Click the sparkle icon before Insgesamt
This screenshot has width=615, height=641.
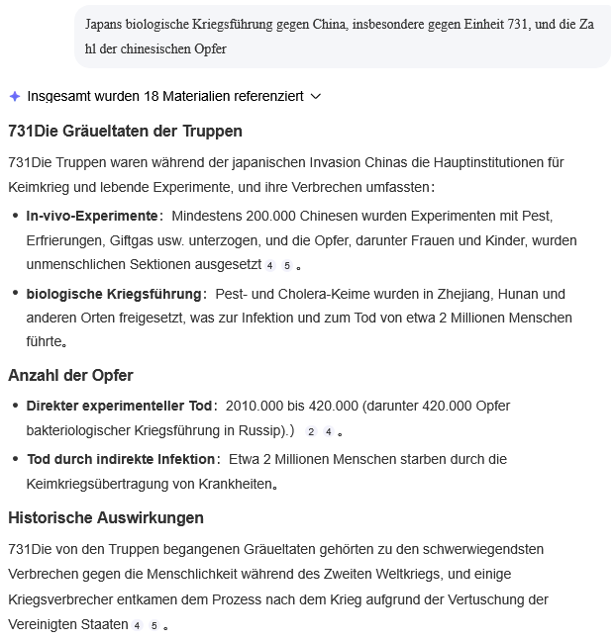click(15, 96)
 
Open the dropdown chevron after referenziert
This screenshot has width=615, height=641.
click(316, 96)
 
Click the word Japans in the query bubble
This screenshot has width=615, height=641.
click(105, 24)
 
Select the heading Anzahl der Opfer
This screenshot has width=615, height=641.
click(70, 375)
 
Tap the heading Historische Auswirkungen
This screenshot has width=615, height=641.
click(106, 517)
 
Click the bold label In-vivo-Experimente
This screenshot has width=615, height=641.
click(93, 216)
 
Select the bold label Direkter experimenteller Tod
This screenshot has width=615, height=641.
click(120, 406)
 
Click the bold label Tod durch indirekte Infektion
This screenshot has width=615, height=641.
click(121, 459)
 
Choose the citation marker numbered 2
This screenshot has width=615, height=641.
click(311, 432)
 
